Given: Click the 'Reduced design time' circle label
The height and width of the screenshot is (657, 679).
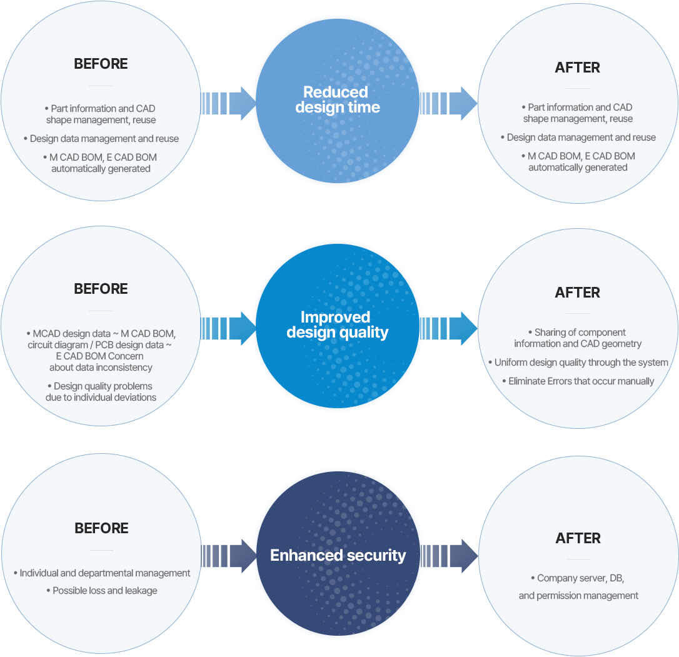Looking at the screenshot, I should (338, 100).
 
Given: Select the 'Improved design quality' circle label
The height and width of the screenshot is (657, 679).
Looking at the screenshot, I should (338, 325).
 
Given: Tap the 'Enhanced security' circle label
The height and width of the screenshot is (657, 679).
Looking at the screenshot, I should (338, 555).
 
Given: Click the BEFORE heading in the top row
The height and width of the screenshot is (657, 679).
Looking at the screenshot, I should (101, 64).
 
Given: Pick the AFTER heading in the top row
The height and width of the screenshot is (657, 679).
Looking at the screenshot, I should (577, 68).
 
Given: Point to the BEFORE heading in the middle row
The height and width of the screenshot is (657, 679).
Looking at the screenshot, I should (101, 289).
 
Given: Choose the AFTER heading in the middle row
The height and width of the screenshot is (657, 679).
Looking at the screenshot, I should (577, 293).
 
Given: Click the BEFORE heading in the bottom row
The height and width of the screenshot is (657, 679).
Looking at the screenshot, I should (101, 528).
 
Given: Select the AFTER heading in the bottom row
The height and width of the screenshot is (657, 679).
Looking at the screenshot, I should (578, 538).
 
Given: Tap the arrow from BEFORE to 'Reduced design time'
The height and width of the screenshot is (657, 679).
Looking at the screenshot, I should (229, 103).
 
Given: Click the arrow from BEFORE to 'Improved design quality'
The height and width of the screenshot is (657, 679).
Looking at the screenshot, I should (229, 328).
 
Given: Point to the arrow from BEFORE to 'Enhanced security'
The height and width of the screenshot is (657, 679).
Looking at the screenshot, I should (229, 556).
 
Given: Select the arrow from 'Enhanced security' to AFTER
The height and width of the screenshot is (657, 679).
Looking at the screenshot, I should (450, 556).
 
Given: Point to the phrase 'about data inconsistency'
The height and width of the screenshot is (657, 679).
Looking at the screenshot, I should (101, 367).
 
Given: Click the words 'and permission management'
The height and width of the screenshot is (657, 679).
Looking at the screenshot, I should (578, 596).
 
